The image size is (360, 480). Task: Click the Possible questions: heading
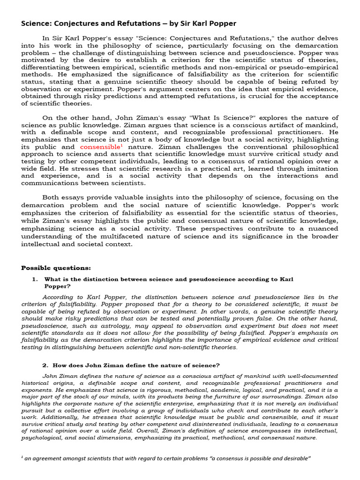coord(56,268)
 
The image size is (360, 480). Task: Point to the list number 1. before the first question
coord(35,279)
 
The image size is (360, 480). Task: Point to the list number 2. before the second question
coord(45,365)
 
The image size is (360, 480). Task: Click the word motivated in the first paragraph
coord(38,60)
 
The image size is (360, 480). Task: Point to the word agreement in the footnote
coord(52,458)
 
